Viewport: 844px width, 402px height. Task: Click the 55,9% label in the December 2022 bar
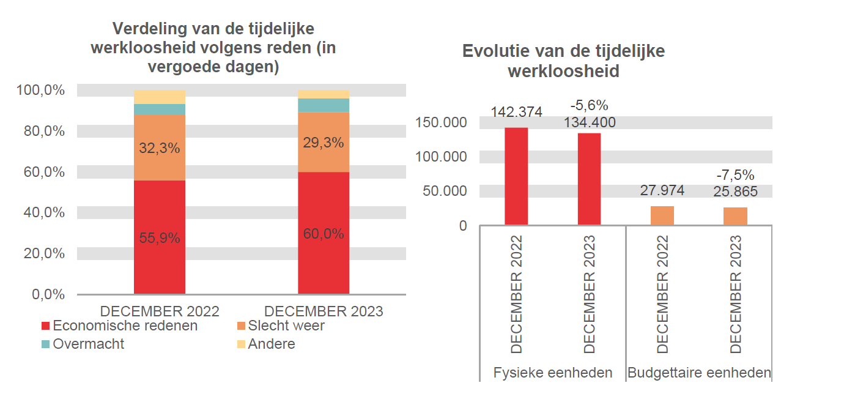[159, 238]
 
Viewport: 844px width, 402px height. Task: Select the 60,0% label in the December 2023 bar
[324, 233]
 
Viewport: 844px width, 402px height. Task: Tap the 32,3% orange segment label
[159, 148]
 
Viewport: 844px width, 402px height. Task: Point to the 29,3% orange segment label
[324, 143]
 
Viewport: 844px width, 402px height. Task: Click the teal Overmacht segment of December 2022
[159, 110]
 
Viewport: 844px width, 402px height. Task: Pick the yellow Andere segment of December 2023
[324, 94]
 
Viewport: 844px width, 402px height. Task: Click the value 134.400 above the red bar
[590, 122]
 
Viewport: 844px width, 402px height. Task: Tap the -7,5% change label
[735, 176]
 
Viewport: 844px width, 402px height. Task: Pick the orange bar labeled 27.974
[662, 215]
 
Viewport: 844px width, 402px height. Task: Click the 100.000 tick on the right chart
[441, 157]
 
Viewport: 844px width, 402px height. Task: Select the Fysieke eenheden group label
[553, 373]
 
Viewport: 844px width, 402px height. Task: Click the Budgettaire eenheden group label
[699, 373]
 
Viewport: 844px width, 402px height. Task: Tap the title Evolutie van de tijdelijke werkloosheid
[563, 61]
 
